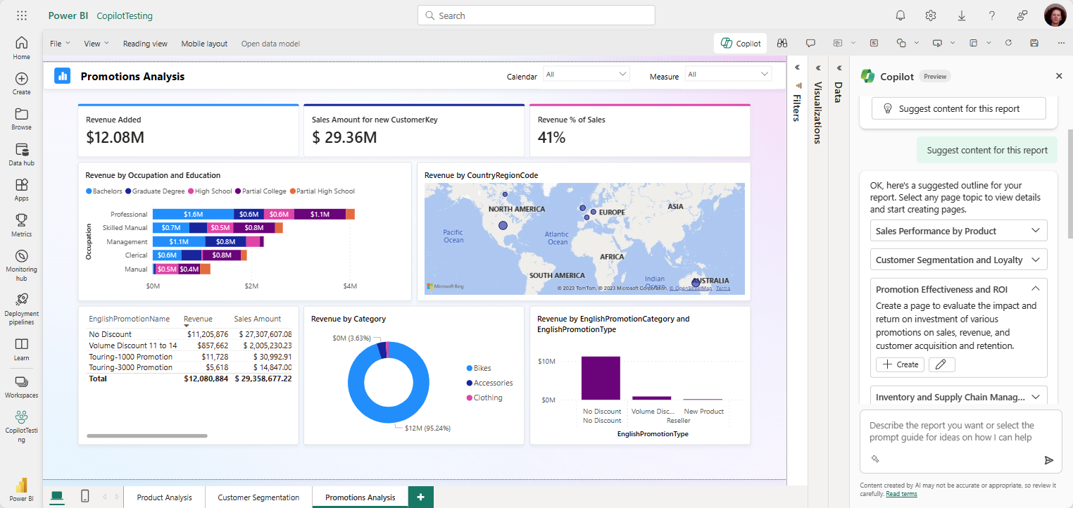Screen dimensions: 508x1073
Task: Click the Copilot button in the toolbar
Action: [741, 44]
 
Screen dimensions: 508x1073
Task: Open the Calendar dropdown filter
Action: [586, 75]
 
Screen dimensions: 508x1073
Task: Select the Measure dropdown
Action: [728, 75]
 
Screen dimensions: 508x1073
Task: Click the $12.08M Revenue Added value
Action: [115, 137]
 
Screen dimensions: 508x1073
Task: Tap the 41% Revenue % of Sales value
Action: [551, 137]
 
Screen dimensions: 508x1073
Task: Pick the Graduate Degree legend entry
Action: [155, 191]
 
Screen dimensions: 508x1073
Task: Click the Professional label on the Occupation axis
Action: [129, 214]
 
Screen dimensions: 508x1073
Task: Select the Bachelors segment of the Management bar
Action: [179, 241]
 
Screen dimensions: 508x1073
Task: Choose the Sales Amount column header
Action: [258, 319]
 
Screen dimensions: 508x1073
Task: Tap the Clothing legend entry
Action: [487, 398]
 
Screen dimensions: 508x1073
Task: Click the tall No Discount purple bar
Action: [601, 377]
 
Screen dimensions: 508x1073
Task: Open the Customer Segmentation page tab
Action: [258, 497]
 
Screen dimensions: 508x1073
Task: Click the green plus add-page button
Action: [420, 497]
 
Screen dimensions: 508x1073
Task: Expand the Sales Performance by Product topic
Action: [958, 231]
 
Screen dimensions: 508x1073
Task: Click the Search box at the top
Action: [536, 15]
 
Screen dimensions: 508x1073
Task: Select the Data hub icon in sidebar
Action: [21, 154]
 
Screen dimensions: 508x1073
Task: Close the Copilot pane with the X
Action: [1059, 76]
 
